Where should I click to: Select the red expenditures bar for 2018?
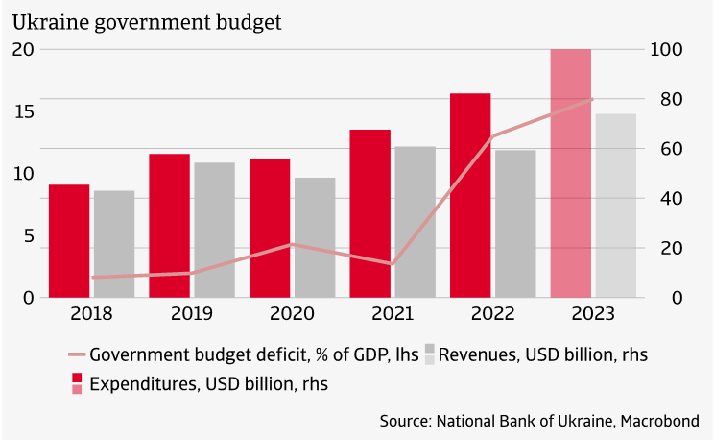pos(69,241)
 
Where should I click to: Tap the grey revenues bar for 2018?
pos(114,244)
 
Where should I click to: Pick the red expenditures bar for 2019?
pos(169,226)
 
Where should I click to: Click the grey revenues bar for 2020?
pos(315,237)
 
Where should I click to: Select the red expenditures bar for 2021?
pos(369,213)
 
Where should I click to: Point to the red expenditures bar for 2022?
pos(470,195)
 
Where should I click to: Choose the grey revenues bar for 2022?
pos(515,224)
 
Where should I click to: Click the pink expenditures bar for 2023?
pos(570,173)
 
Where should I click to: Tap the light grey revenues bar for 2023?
pos(615,206)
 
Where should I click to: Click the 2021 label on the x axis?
pos(392,314)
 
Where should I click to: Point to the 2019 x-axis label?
pos(191,314)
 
